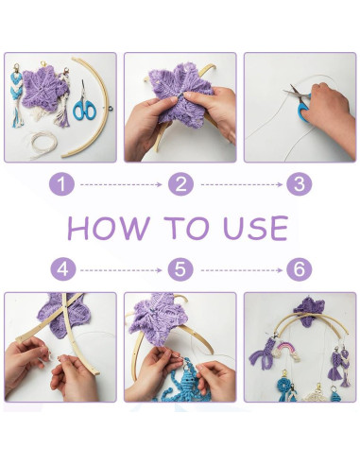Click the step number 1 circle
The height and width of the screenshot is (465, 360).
pyautogui.click(x=61, y=184)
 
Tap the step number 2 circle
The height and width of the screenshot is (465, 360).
pyautogui.click(x=180, y=184)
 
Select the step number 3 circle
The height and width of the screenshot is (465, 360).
pyautogui.click(x=300, y=184)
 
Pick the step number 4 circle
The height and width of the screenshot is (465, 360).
pyautogui.click(x=63, y=269)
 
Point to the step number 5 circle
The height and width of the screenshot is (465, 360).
pyautogui.click(x=180, y=269)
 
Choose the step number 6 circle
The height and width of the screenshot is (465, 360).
pyautogui.click(x=300, y=269)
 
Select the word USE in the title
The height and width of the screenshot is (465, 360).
pyautogui.click(x=255, y=228)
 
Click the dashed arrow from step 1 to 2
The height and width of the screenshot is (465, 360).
pyautogui.click(x=121, y=184)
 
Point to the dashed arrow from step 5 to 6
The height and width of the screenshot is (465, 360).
pyautogui.click(x=242, y=270)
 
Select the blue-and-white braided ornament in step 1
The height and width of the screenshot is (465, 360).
pyautogui.click(x=17, y=95)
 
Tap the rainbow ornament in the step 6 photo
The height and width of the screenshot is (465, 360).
pyautogui.click(x=287, y=352)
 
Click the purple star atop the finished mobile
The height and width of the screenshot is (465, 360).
pyautogui.click(x=309, y=310)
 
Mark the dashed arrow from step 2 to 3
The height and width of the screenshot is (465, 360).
pyautogui.click(x=242, y=184)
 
